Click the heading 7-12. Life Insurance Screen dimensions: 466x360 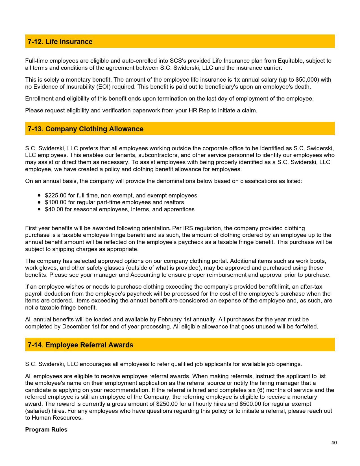pos(60,42)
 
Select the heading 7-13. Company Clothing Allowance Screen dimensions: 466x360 pos(85,129)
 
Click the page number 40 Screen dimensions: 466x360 pos(334,443)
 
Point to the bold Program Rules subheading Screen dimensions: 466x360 pos(46,430)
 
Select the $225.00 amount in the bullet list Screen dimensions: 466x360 pos(56,195)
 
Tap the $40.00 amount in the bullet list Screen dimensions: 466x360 pos(54,209)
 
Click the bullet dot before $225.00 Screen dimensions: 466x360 pos(39,195)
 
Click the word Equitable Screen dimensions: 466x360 pos(291,61)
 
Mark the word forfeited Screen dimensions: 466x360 pos(306,326)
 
